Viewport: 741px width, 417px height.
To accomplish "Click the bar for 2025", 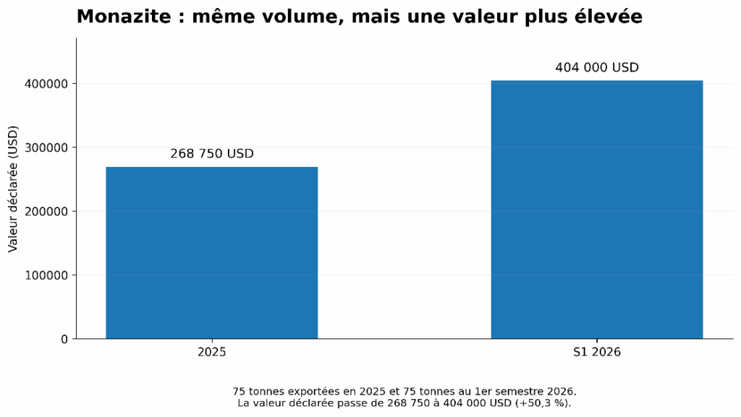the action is (212, 253).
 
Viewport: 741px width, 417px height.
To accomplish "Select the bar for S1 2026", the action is (597, 210).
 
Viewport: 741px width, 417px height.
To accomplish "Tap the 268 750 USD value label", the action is (212, 154).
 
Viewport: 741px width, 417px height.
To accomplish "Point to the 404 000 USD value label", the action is (597, 67).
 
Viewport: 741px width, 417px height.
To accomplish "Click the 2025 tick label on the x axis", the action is (212, 352).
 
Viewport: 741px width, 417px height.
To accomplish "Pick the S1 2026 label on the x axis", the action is (597, 352).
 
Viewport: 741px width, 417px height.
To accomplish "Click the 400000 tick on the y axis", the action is (46, 84).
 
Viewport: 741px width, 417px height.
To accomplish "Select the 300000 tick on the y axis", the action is (46, 147).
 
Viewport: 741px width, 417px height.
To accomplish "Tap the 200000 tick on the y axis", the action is (46, 212).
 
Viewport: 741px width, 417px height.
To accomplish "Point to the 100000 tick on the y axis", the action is (46, 275).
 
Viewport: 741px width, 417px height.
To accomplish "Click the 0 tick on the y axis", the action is (64, 339).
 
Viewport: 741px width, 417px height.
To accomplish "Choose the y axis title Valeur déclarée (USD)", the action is (13, 189).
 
